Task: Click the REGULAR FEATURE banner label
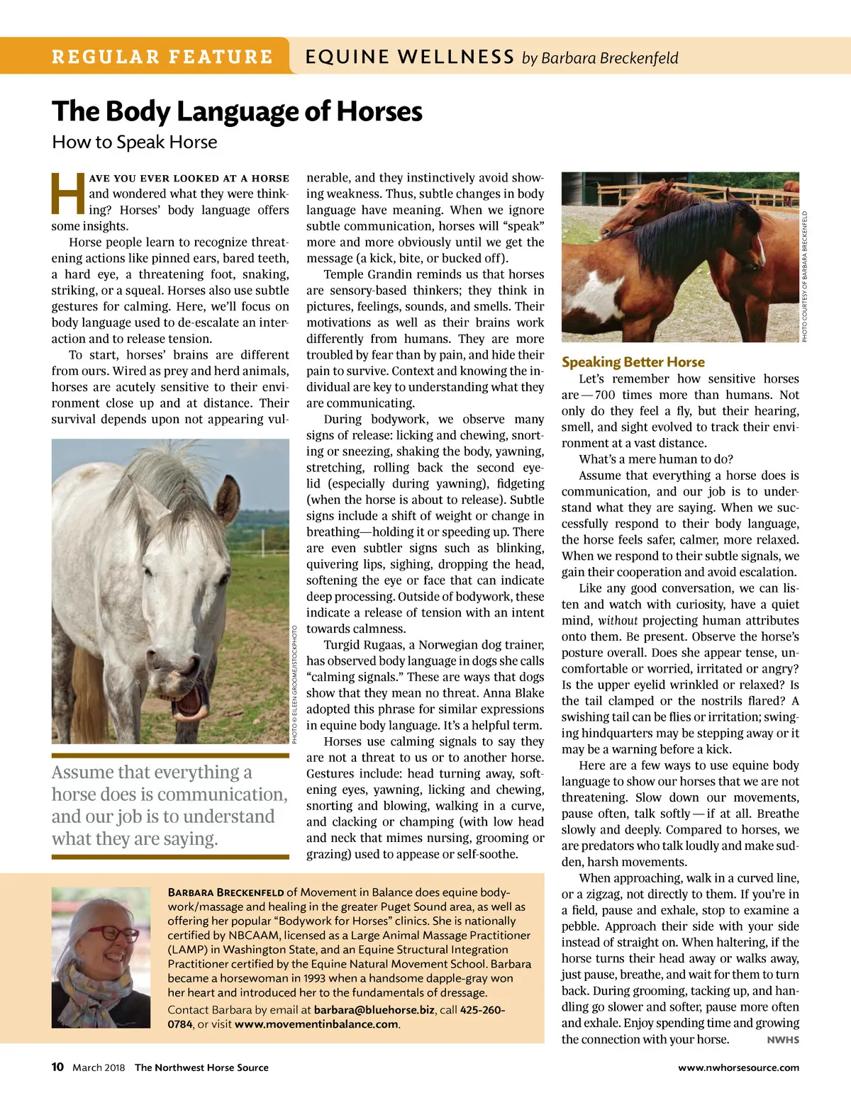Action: click(x=162, y=57)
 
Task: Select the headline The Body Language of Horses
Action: click(x=237, y=111)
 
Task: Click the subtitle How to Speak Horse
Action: click(x=135, y=142)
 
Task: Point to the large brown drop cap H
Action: click(x=68, y=194)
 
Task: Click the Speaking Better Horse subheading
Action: click(x=633, y=361)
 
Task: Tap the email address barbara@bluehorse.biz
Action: click(x=374, y=1009)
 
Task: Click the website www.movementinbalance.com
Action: click(x=316, y=1023)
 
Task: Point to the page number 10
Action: click(x=57, y=1067)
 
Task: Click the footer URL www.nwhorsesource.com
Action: click(x=738, y=1067)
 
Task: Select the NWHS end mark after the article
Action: click(x=783, y=1040)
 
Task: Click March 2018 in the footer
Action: click(x=99, y=1067)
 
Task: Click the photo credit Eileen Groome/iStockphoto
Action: click(x=294, y=685)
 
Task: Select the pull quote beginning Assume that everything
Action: click(x=169, y=805)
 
